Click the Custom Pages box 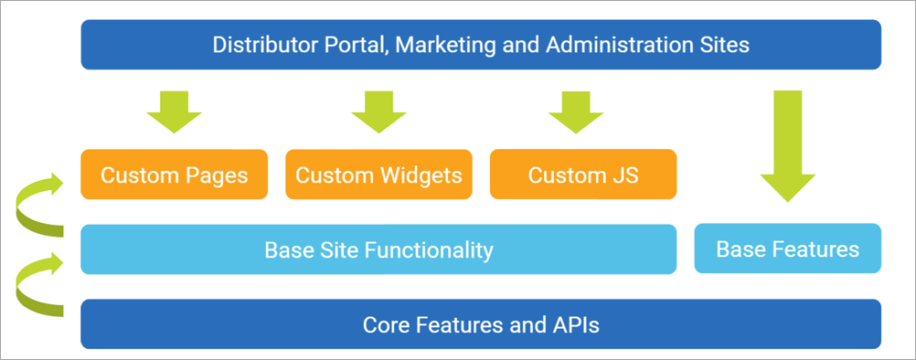pyautogui.click(x=174, y=175)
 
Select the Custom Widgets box pyautogui.click(x=378, y=175)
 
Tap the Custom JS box pyautogui.click(x=583, y=175)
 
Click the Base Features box pyautogui.click(x=787, y=249)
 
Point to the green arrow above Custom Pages pyautogui.click(x=174, y=112)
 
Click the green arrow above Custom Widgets pyautogui.click(x=378, y=112)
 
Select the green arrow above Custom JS pyautogui.click(x=576, y=112)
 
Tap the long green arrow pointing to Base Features pyautogui.click(x=787, y=146)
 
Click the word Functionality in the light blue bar pyautogui.click(x=430, y=249)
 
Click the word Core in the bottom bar pyautogui.click(x=383, y=324)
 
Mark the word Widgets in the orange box pyautogui.click(x=421, y=175)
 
